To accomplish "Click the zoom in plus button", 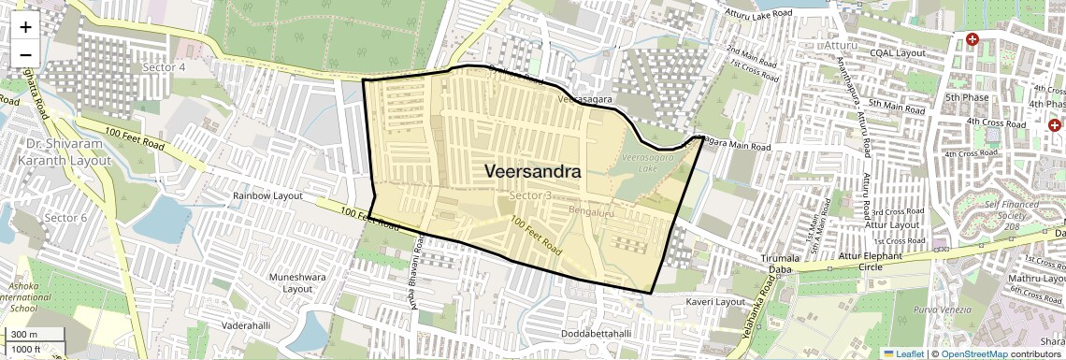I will [25, 26].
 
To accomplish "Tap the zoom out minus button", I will [25, 54].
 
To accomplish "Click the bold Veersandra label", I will [532, 172].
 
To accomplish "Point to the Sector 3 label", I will [531, 194].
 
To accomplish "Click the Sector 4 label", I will [164, 67].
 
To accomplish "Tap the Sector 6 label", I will [65, 218].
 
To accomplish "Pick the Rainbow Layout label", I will [267, 196].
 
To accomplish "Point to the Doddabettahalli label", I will [598, 334].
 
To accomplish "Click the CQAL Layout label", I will [897, 52].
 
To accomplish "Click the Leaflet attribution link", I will [904, 353].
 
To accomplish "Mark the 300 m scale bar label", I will [24, 335].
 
